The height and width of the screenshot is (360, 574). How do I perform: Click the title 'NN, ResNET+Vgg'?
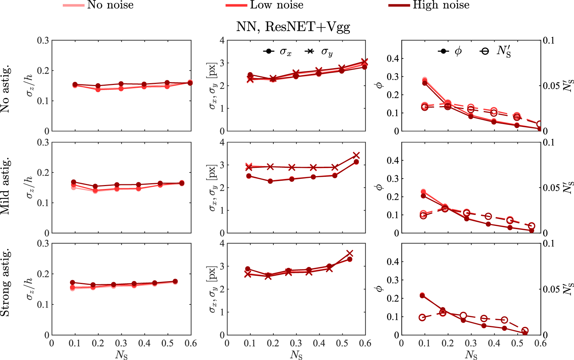293,27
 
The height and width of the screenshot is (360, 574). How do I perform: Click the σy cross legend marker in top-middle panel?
310,51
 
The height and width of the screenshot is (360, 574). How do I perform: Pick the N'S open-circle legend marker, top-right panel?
485,51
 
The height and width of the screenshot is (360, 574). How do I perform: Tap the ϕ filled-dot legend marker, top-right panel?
443,51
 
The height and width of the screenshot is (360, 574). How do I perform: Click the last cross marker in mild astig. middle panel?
356,155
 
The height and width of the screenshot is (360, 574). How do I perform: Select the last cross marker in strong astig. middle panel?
350,254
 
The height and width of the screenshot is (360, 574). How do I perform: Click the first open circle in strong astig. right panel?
422,317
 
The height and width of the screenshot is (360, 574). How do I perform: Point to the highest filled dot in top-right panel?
425,80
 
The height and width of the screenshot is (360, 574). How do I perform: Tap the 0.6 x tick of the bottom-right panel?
540,344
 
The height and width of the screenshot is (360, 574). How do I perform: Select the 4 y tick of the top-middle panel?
222,41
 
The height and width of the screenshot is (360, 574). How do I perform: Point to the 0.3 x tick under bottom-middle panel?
296,344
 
